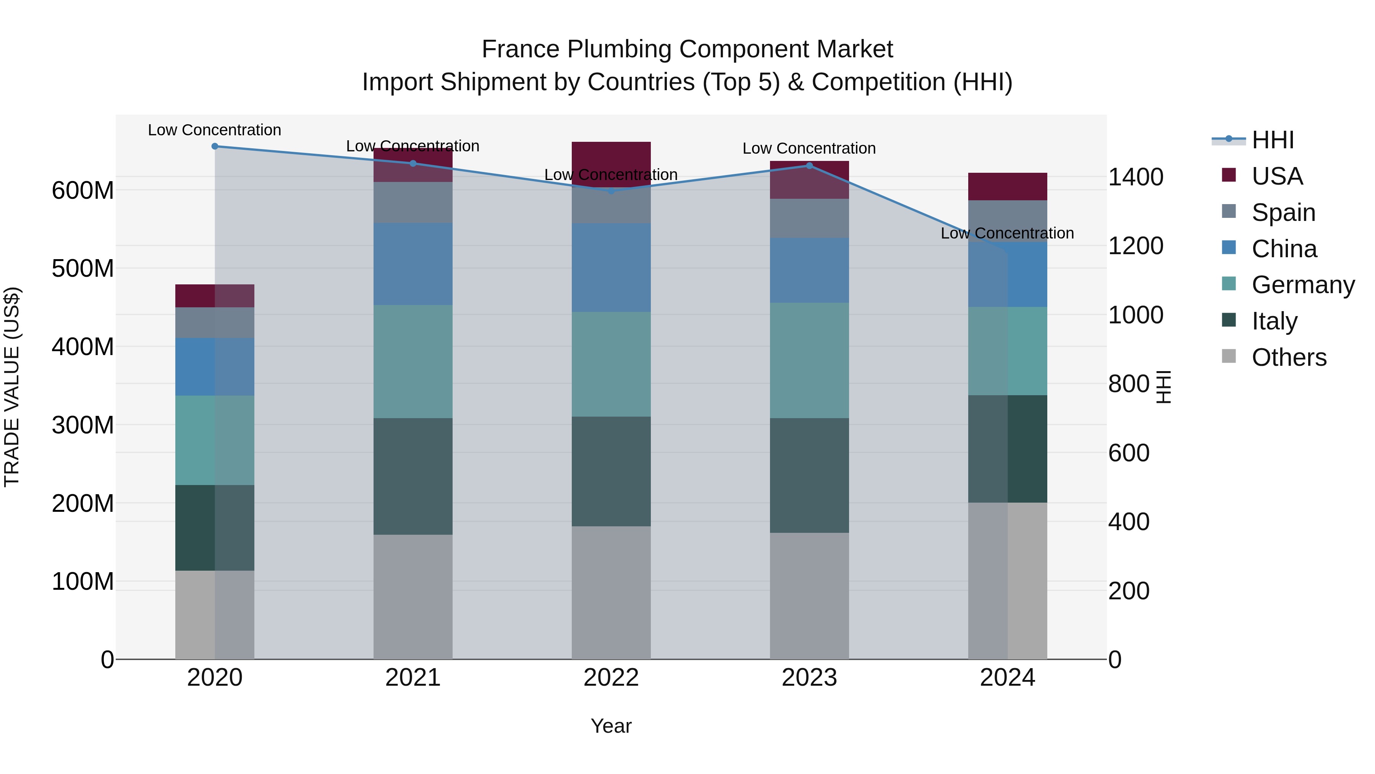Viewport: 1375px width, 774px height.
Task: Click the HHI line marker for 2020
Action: [215, 146]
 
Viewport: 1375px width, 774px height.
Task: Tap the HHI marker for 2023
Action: [809, 166]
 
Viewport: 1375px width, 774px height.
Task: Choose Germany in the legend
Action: [1302, 285]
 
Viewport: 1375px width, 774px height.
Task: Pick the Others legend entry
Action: [1289, 357]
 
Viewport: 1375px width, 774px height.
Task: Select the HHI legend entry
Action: [1273, 140]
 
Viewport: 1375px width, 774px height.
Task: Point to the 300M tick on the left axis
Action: [83, 425]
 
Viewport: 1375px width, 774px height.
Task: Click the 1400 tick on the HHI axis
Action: [1136, 177]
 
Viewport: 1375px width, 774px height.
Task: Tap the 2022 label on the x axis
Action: [611, 678]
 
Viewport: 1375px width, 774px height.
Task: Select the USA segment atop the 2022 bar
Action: [611, 160]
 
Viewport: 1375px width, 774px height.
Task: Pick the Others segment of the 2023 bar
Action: [809, 596]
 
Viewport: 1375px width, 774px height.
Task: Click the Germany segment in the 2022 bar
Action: [611, 364]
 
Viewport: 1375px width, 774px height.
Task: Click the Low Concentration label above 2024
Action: [1007, 234]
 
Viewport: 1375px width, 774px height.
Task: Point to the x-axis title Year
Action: [611, 726]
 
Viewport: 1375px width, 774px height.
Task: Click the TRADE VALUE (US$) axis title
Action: [12, 387]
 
